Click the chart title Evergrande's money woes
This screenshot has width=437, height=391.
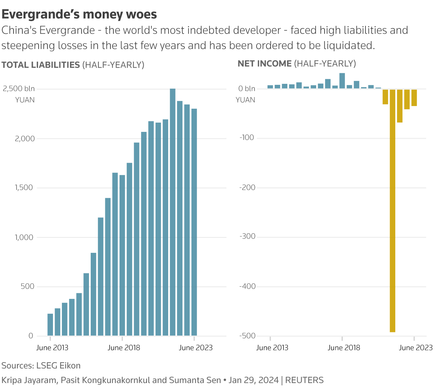[x=79, y=14]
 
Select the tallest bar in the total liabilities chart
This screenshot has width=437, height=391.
[x=172, y=212]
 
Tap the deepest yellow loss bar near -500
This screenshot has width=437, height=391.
[x=393, y=211]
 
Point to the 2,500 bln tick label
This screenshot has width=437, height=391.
[x=19, y=88]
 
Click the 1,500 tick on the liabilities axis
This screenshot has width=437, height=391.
[x=24, y=188]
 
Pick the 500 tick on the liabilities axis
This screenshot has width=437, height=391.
[x=27, y=286]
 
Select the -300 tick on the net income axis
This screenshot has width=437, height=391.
[x=247, y=237]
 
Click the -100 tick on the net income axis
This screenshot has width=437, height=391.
[x=247, y=138]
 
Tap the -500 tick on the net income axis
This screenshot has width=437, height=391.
[x=247, y=336]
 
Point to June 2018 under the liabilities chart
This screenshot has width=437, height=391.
[x=124, y=348]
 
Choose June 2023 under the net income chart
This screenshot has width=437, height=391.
[x=415, y=348]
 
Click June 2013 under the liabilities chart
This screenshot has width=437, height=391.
[x=52, y=348]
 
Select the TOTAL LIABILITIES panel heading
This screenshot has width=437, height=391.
[x=41, y=65]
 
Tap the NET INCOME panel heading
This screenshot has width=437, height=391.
[x=265, y=64]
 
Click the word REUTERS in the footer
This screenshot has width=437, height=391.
[x=304, y=380]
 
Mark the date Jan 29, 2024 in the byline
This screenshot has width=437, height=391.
[x=253, y=380]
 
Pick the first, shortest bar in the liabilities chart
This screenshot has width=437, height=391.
[x=50, y=325]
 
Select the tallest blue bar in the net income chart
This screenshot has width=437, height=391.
[x=342, y=81]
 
